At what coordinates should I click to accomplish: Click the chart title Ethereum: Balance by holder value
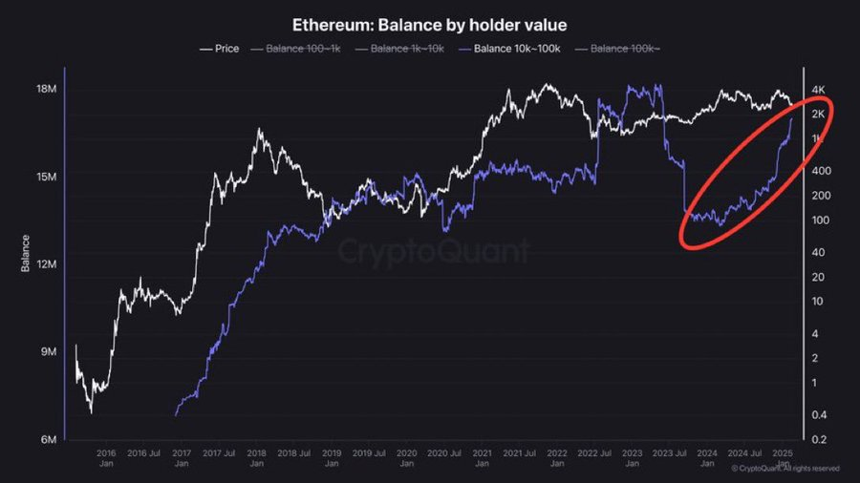[429, 23]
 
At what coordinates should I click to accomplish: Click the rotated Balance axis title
[25, 253]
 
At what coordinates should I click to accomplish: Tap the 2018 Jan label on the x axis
[256, 458]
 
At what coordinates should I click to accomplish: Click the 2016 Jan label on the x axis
[106, 458]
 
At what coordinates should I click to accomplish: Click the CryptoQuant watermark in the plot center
[433, 251]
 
